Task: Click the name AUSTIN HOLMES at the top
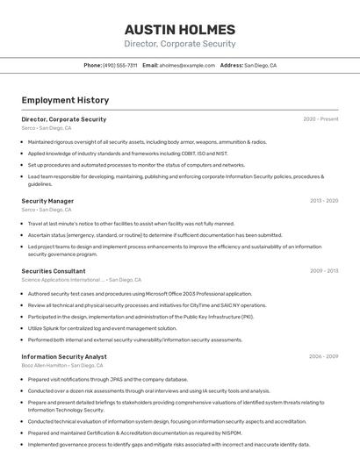179,29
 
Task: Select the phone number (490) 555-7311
119,65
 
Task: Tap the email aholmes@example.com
186,65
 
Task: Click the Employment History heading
65,100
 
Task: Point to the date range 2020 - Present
320,119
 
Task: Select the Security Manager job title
47,201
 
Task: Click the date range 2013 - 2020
324,201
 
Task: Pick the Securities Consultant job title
54,271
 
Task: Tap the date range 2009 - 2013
324,271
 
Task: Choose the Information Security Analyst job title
64,356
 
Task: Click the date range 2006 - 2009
323,356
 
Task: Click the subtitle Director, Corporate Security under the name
179,44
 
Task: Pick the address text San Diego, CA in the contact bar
260,65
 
